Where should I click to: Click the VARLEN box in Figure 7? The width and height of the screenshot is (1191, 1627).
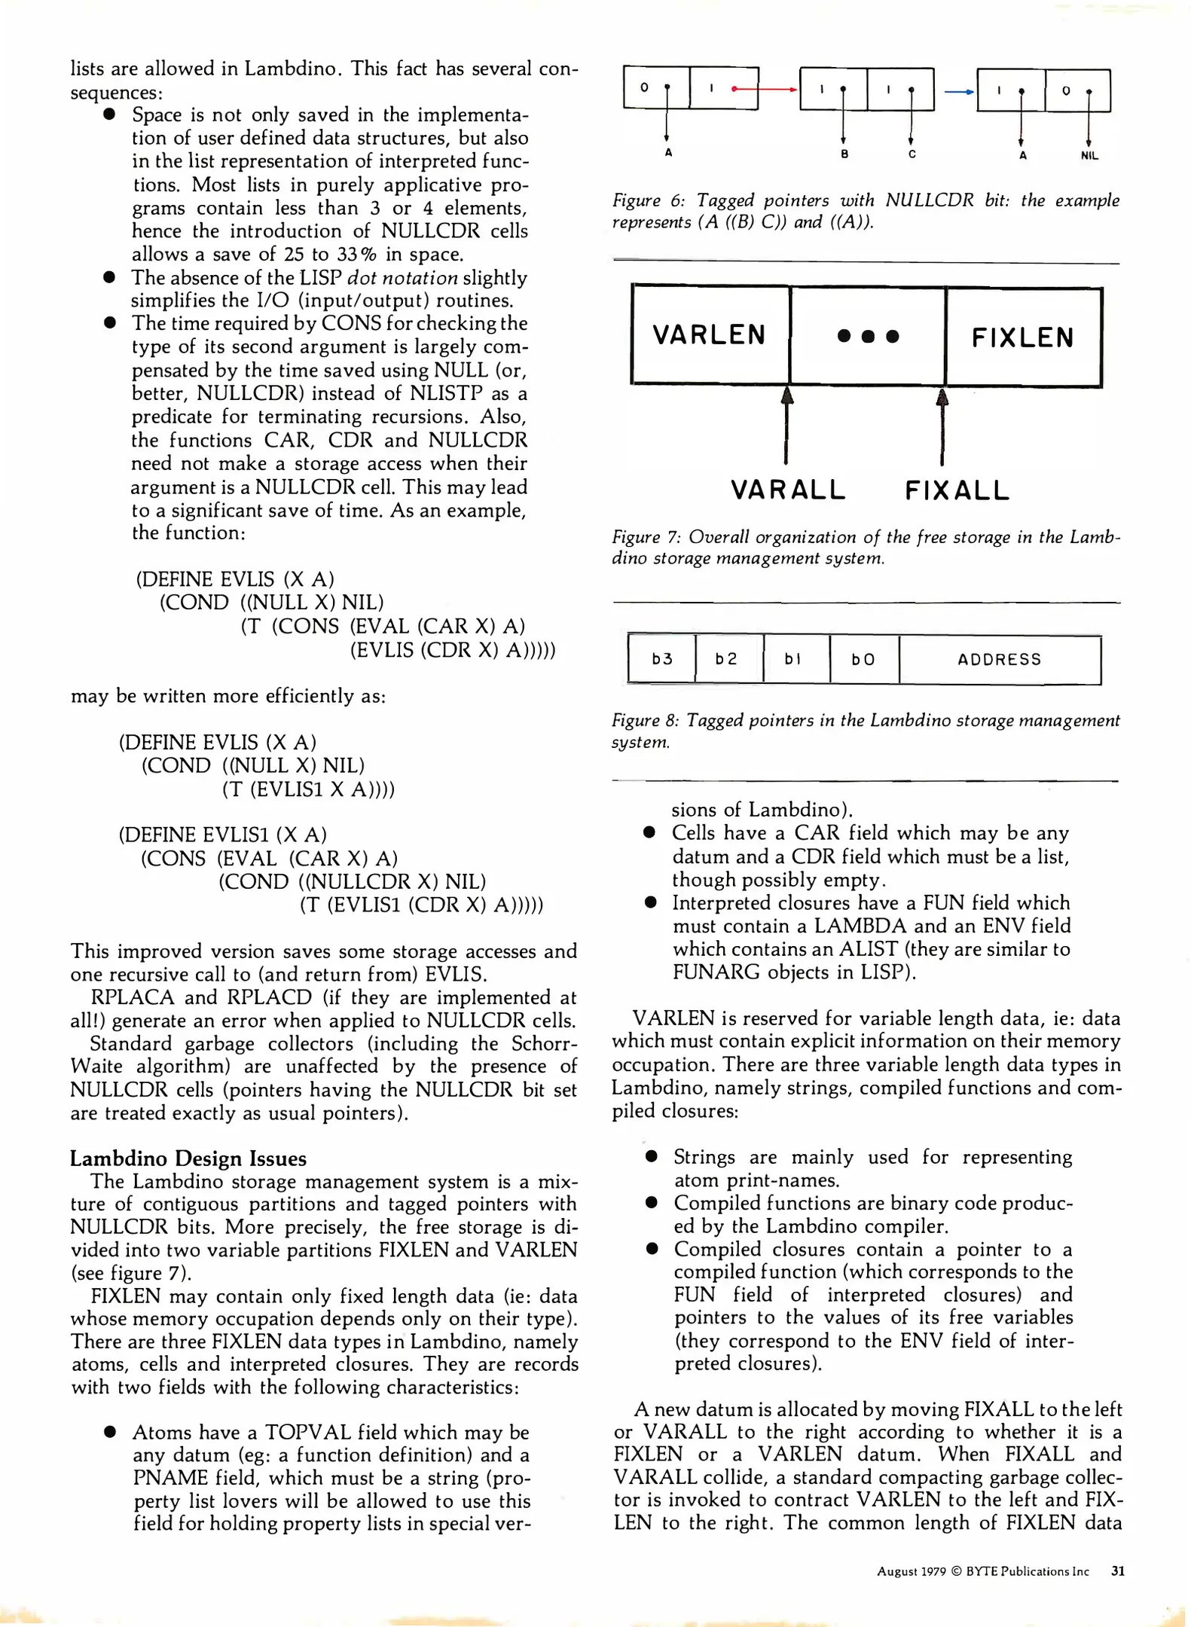click(x=710, y=334)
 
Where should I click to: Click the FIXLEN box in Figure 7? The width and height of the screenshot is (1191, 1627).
click(x=1022, y=337)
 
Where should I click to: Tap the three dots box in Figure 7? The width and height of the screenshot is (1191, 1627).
click(x=868, y=336)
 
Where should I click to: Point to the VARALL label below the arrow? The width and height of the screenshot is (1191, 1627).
click(x=788, y=490)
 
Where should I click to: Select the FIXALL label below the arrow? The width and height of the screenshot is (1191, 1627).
click(x=957, y=490)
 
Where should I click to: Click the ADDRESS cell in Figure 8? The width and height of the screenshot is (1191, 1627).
click(x=1000, y=660)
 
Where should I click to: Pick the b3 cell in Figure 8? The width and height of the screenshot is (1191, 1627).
click(x=661, y=659)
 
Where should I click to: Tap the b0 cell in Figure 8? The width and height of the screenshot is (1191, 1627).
click(x=863, y=660)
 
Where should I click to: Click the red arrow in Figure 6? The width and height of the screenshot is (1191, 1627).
click(x=765, y=89)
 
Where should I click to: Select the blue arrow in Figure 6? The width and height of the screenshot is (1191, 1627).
click(x=959, y=92)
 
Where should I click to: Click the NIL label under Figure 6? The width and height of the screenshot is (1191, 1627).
click(x=1089, y=156)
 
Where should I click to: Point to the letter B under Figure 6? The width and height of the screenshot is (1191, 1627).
click(x=844, y=154)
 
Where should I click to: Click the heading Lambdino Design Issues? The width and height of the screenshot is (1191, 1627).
click(x=188, y=1158)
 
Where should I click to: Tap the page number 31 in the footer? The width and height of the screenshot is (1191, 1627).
click(x=1118, y=1571)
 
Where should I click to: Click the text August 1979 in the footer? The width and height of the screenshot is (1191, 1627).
click(x=910, y=1571)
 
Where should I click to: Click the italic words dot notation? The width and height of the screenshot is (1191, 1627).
click(x=402, y=278)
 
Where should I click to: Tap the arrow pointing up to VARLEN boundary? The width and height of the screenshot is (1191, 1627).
click(x=787, y=426)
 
